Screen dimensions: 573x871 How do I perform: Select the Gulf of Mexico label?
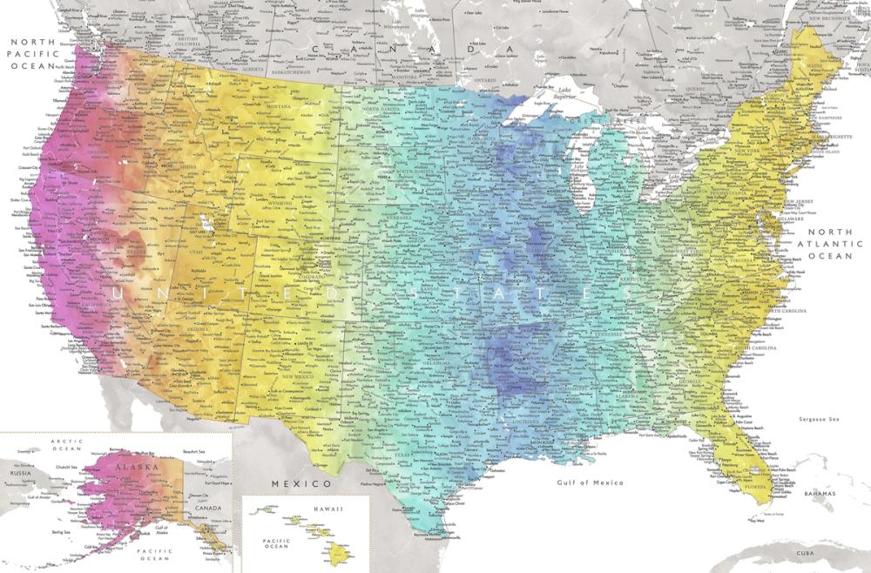coord(591,482)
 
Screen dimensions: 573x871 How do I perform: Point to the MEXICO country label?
coord(300,482)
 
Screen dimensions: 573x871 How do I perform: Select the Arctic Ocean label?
coord(66,445)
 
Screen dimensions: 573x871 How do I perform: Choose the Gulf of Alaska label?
coord(160,530)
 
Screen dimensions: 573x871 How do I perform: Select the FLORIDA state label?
coord(755,487)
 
